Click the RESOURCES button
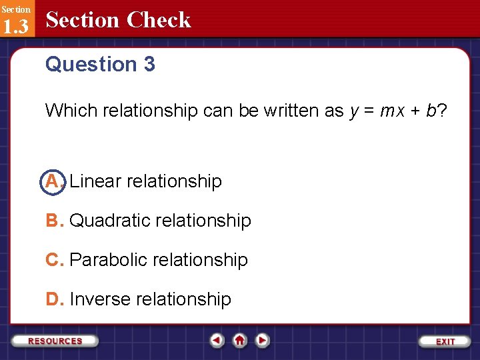click(55, 341)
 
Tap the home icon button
click(239, 341)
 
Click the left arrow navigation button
click(217, 341)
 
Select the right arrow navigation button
click(262, 341)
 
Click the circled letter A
click(53, 181)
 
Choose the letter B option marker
click(53, 221)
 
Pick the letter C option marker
click(53, 260)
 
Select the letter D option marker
click(53, 299)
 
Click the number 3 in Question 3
click(149, 65)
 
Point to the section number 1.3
click(15, 27)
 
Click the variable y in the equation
click(354, 112)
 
